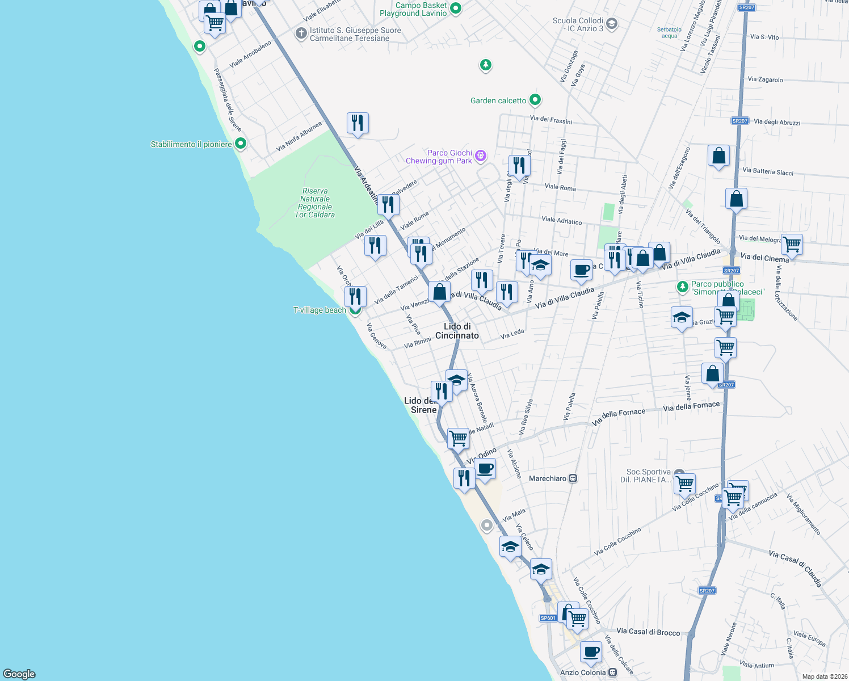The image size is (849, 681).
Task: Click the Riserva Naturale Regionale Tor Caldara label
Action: (x=315, y=203)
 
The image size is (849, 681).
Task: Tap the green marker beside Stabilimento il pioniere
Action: (x=241, y=144)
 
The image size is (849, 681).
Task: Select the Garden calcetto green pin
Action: (x=535, y=100)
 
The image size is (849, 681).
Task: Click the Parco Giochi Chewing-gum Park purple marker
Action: (x=481, y=155)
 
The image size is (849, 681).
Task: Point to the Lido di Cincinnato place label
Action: (x=457, y=331)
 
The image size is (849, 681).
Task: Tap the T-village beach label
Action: (x=320, y=310)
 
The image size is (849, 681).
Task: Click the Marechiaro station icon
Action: (x=573, y=478)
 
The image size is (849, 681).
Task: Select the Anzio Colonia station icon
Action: (x=612, y=672)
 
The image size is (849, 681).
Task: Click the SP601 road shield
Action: (x=548, y=618)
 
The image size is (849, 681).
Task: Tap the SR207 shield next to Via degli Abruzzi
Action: (x=739, y=121)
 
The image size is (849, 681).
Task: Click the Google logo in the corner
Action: (x=19, y=674)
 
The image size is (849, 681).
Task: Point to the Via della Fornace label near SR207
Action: (x=691, y=406)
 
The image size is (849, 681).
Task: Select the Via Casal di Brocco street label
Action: (x=648, y=632)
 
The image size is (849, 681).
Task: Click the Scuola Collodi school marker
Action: (x=611, y=24)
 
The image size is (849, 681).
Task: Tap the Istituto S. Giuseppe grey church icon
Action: (x=301, y=33)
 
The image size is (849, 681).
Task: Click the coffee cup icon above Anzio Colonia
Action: (x=591, y=652)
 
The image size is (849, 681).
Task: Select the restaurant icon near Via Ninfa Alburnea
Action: (x=358, y=123)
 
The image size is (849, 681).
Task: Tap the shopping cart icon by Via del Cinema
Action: (x=792, y=245)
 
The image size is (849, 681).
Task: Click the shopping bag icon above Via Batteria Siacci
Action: (x=718, y=155)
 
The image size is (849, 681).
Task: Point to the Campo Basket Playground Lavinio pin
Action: (x=455, y=9)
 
